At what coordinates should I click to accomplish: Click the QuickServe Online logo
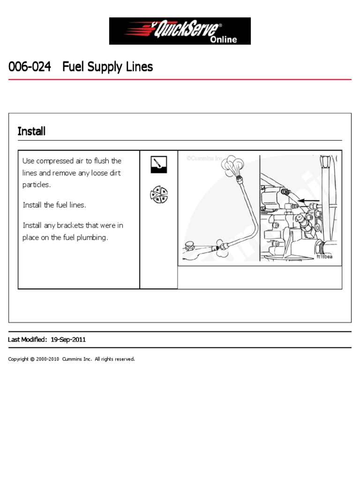(x=180, y=31)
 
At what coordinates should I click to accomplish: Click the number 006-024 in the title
(x=30, y=67)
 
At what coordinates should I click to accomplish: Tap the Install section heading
(x=31, y=131)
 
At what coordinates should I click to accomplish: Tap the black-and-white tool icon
(x=158, y=164)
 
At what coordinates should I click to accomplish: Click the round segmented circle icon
(x=158, y=195)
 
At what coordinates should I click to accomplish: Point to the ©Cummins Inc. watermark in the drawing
(x=204, y=158)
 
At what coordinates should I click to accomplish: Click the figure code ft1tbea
(x=325, y=256)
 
